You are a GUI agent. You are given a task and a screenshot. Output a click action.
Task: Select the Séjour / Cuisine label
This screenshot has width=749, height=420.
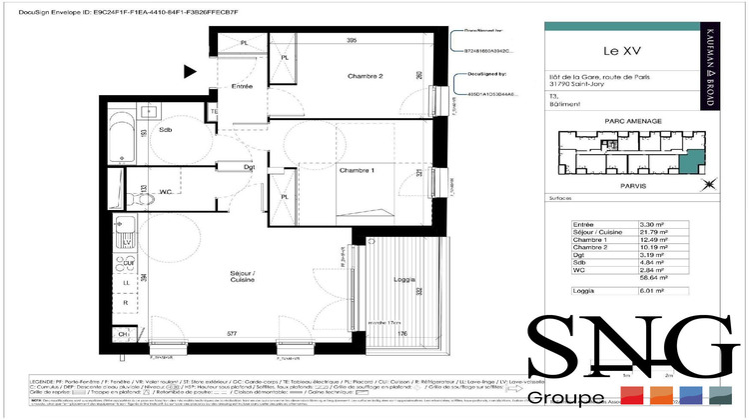[241, 276]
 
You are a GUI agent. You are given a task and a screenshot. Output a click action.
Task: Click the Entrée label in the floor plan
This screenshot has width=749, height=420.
[243, 88]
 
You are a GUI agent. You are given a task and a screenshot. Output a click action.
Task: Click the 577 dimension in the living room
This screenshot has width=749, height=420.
[232, 334]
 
